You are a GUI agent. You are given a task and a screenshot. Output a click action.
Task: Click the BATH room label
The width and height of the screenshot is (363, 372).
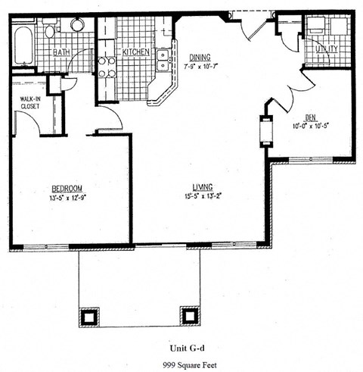click(62, 52)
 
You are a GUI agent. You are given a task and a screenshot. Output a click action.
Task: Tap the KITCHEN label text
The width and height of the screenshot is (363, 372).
click(136, 52)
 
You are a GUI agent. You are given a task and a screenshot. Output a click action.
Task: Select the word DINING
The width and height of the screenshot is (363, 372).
click(200, 57)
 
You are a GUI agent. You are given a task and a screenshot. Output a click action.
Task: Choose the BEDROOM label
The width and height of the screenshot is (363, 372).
click(67, 188)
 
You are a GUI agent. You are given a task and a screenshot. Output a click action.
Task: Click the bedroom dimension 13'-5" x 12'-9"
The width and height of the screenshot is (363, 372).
click(67, 197)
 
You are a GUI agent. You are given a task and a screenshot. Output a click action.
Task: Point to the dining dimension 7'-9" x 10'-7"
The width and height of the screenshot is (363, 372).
click(200, 65)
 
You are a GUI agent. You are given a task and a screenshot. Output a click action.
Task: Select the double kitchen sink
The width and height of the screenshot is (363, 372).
click(161, 61)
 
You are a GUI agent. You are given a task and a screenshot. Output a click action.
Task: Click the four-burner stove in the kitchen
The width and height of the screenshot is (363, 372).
click(107, 67)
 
